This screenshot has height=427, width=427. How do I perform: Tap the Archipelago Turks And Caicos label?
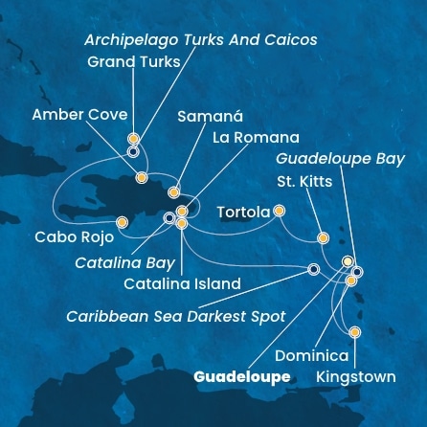[200, 40]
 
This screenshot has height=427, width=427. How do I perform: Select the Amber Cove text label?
[79, 115]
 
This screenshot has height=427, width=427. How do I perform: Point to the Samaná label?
[212, 117]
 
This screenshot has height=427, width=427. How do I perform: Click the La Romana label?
[257, 138]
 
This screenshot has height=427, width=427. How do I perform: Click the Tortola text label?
[243, 212]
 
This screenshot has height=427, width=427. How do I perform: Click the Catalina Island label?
[182, 284]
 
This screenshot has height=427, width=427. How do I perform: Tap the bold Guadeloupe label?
[241, 377]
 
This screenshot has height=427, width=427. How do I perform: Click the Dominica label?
[311, 356]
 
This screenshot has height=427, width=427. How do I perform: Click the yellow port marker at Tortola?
[279, 210]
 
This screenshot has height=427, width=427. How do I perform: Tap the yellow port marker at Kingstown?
[354, 332]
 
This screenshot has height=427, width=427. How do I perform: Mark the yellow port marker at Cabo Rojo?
[122, 222]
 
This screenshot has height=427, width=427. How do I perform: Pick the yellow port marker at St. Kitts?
[323, 237]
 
